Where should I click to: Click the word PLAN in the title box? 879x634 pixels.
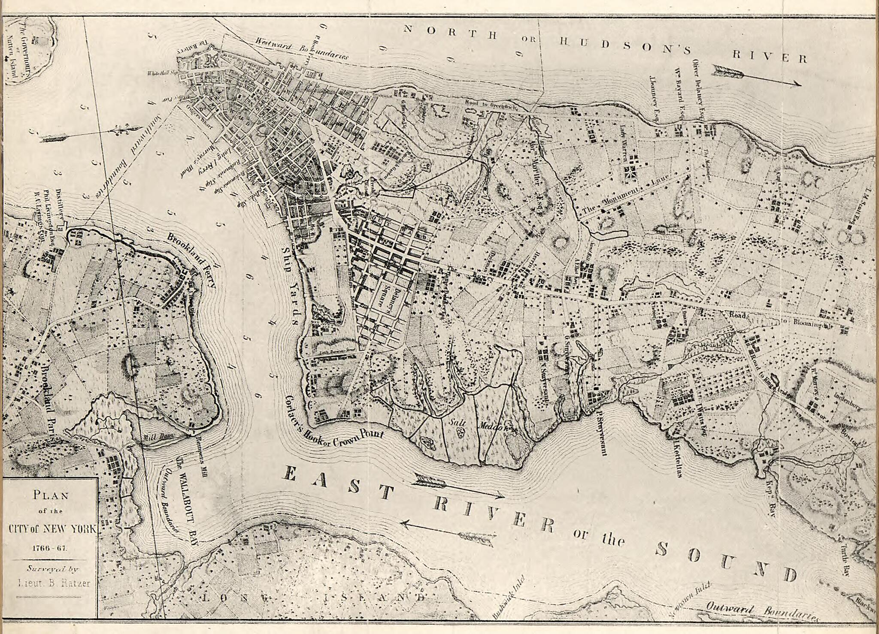coord(51,495)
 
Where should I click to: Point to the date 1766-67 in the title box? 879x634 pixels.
coord(51,548)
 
